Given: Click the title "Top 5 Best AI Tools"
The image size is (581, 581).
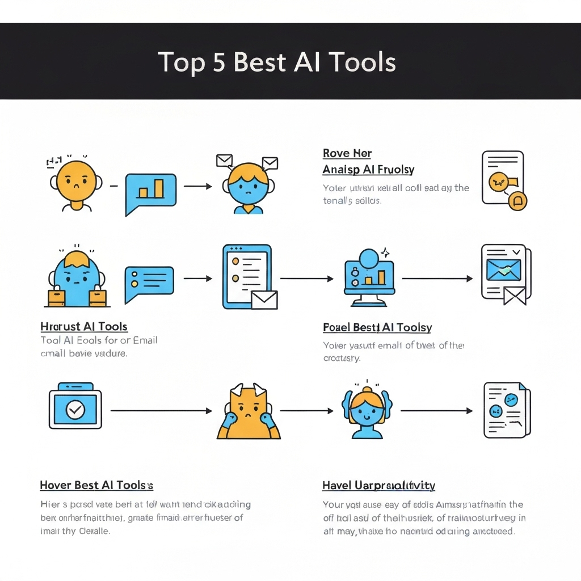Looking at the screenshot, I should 277,62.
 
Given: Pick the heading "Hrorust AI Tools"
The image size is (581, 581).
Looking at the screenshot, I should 84,327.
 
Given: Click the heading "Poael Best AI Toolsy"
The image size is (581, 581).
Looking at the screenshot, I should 377,327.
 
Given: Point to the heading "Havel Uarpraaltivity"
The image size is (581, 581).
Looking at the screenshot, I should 378,485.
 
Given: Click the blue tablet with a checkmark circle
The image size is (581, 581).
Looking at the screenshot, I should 75,406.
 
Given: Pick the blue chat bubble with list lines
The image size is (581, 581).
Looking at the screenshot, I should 149,282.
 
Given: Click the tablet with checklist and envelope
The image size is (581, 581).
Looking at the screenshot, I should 249,277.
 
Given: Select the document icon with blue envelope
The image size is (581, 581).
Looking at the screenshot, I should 505,273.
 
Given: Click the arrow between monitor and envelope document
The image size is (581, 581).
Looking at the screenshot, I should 437,279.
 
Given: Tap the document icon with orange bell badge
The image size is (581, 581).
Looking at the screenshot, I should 504,180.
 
